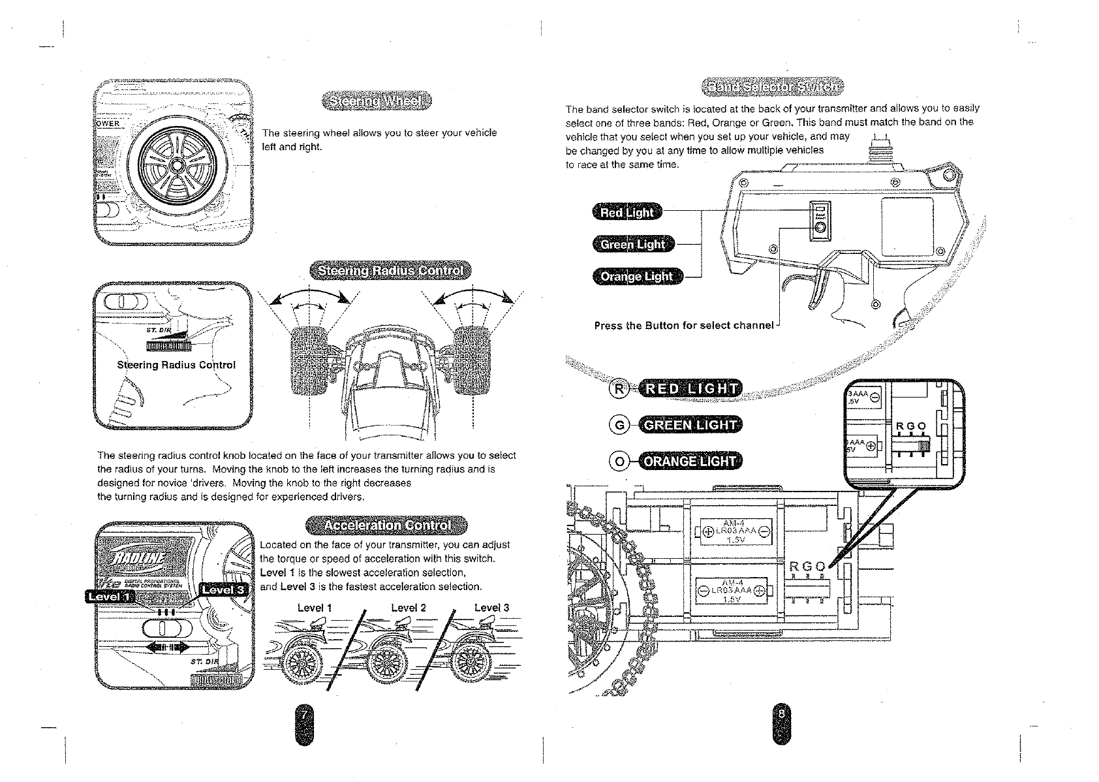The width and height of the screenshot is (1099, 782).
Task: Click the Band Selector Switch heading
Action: [772, 86]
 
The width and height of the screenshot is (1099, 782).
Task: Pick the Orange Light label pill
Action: [636, 276]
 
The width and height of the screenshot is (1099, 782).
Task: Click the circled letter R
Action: [618, 390]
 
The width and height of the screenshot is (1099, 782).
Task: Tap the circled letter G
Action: [618, 426]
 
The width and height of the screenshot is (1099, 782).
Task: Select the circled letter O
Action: [618, 461]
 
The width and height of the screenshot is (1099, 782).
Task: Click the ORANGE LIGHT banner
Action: [690, 461]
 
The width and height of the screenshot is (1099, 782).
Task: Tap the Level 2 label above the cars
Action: [408, 608]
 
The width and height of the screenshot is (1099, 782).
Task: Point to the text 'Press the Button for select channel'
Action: [683, 325]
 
